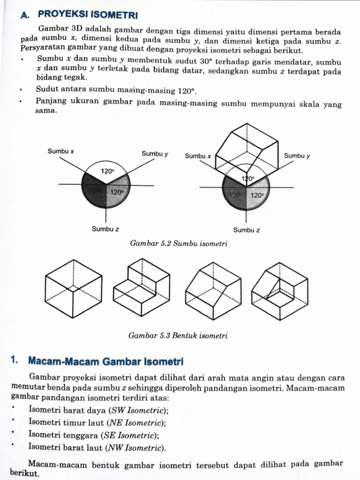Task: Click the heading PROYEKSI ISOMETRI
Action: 94,15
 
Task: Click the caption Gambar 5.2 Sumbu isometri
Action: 177,244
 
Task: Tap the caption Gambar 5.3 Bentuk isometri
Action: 177,336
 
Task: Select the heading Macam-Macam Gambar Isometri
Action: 106,361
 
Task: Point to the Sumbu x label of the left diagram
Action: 60,151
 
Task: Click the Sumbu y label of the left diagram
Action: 155,153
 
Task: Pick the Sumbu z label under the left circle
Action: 105,229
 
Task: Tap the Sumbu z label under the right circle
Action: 247,230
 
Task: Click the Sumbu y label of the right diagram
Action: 297,156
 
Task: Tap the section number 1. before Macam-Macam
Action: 14,360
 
